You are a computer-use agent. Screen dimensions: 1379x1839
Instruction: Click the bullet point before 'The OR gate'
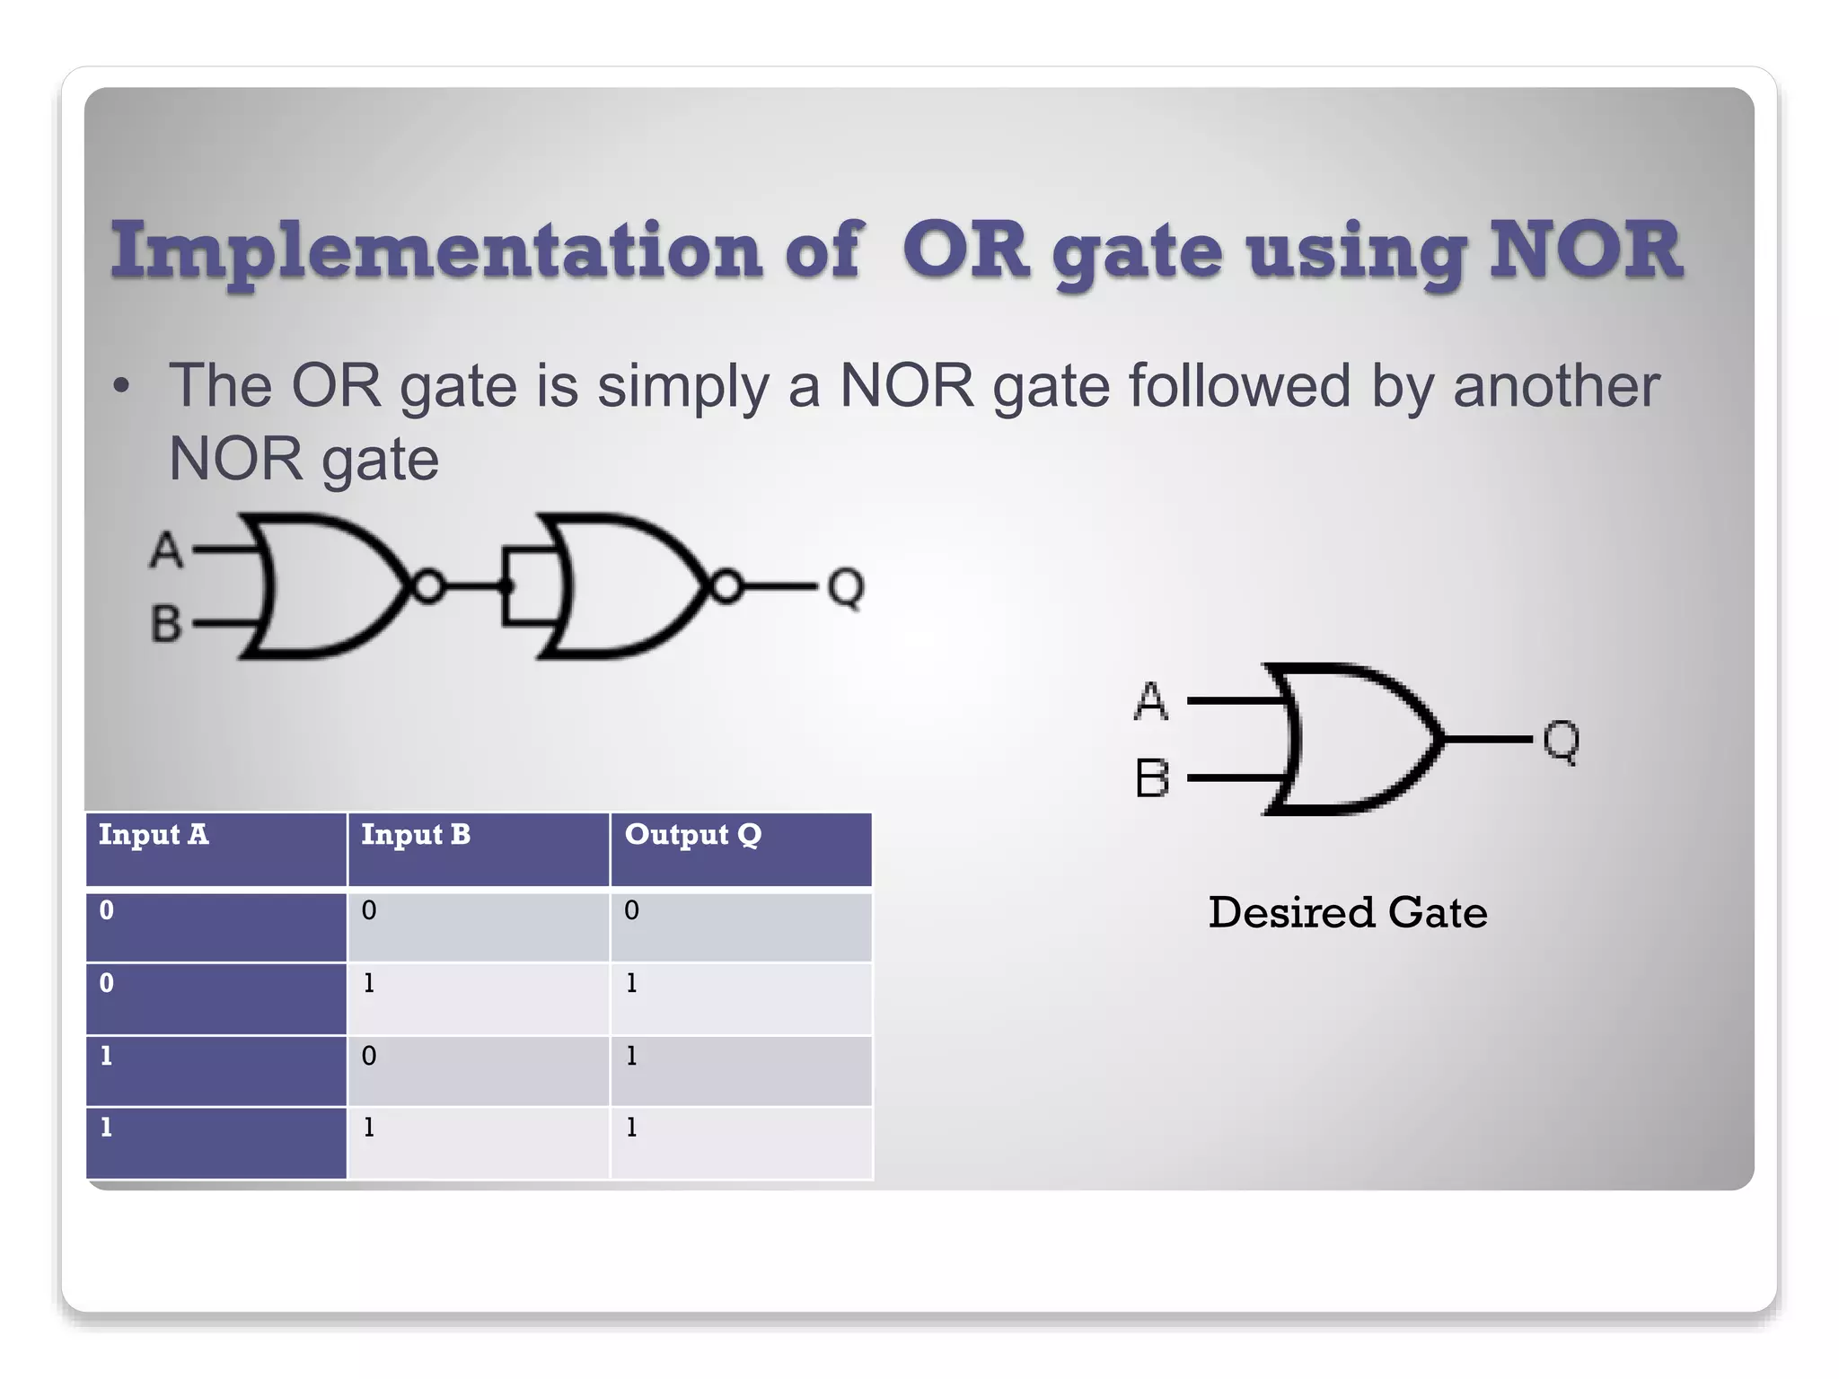[x=121, y=387]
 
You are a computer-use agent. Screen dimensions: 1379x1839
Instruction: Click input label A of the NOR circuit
[x=166, y=549]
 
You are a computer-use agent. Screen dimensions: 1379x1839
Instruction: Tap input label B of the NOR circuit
[x=166, y=623]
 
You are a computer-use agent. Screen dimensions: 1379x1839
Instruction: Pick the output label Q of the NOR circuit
[x=845, y=588]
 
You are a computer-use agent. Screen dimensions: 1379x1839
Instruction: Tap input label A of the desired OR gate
[x=1151, y=701]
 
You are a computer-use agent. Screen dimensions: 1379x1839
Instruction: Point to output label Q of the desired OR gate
[x=1561, y=742]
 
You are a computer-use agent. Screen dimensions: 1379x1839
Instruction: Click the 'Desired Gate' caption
[x=1347, y=912]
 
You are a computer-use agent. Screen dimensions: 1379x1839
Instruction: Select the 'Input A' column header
[x=154, y=835]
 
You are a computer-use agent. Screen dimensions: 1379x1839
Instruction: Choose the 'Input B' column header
[x=416, y=835]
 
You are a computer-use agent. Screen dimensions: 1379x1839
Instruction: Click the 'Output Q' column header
[x=692, y=835]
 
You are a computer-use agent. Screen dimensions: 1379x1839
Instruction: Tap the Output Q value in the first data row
[x=632, y=910]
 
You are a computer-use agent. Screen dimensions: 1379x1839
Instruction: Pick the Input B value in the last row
[x=369, y=1128]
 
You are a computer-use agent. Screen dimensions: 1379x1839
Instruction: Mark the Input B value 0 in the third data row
[x=369, y=1056]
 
